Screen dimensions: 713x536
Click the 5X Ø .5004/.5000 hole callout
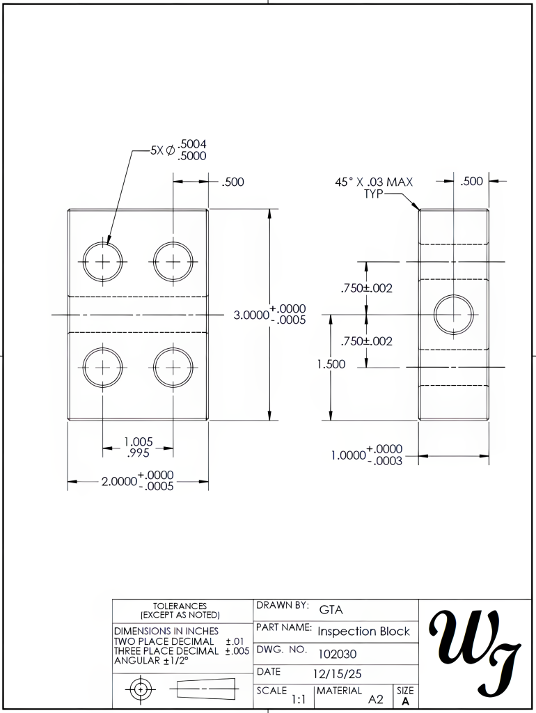coord(178,150)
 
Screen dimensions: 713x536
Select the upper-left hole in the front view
coord(103,262)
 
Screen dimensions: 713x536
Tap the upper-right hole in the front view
coord(173,262)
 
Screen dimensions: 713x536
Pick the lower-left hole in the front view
coord(103,367)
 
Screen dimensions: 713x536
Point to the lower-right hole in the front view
coord(173,367)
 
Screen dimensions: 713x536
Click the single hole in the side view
coord(454,314)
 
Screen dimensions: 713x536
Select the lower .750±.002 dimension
coord(366,341)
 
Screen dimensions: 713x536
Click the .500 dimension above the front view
coord(232,182)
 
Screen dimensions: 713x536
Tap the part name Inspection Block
coord(364,632)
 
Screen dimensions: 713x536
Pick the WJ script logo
coord(476,652)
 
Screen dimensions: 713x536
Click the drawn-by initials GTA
coord(331,610)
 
